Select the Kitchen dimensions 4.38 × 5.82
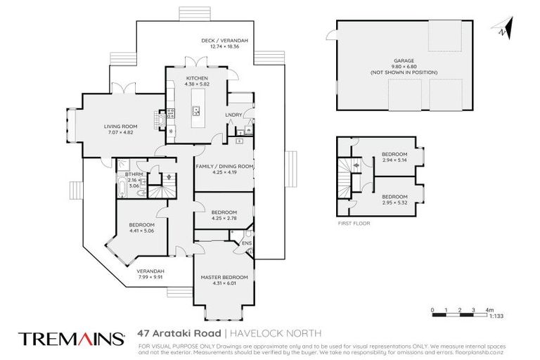[x=196, y=84]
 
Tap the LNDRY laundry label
[x=233, y=114]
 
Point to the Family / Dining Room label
[x=224, y=166]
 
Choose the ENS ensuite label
[x=246, y=244]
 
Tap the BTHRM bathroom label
[x=134, y=174]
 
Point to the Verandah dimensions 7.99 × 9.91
[x=150, y=277]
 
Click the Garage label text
[x=399, y=60]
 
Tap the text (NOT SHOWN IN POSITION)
[x=399, y=73]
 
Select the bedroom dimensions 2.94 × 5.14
[x=394, y=160]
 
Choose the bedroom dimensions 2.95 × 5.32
[x=394, y=202]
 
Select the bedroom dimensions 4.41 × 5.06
[x=141, y=230]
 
